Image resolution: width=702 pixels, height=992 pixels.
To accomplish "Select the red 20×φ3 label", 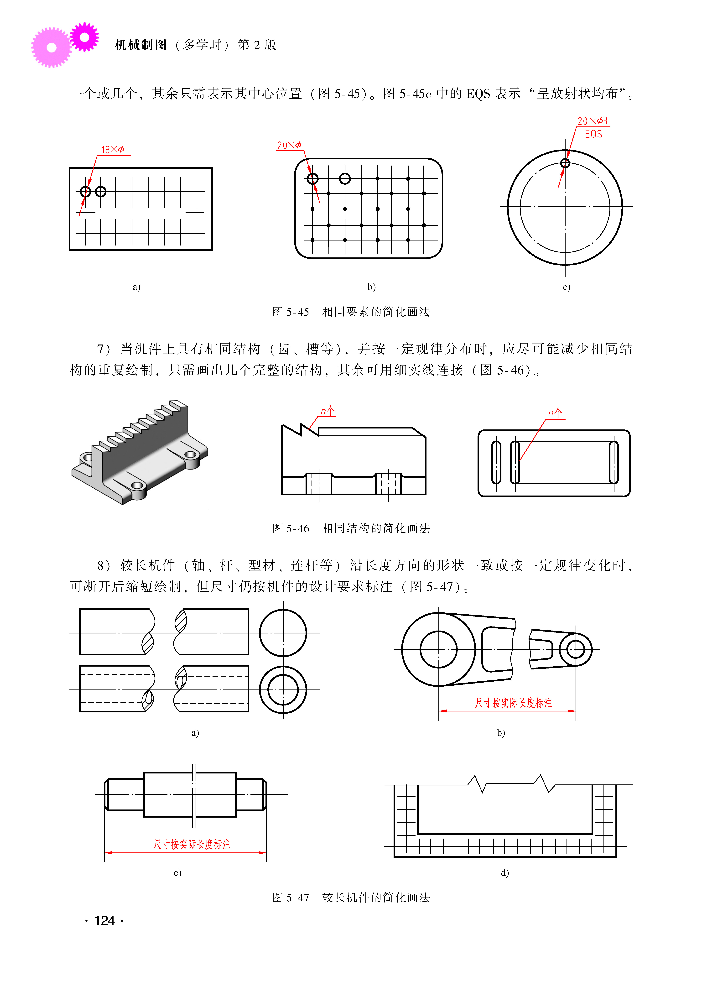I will click(x=592, y=121).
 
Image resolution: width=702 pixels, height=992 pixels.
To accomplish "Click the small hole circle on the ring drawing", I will click(x=565, y=163).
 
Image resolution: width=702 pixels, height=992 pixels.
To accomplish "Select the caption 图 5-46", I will click(x=291, y=528).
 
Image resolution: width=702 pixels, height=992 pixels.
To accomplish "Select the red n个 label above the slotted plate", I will click(x=555, y=413).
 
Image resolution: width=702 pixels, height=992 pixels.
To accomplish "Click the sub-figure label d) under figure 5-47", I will click(x=505, y=873).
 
